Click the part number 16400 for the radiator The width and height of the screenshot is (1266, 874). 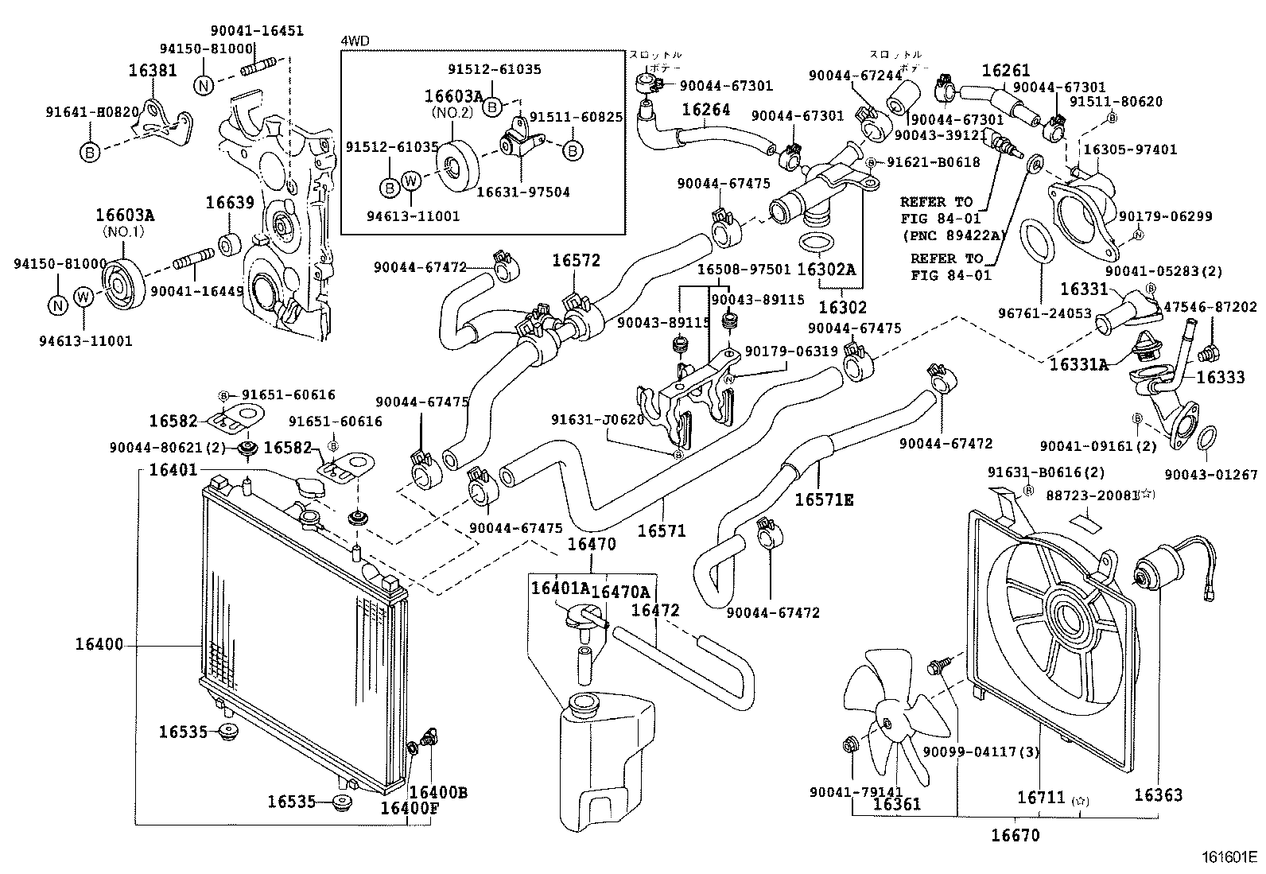99,644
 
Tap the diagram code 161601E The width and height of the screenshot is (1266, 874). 1229,858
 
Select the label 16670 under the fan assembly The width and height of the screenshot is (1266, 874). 1016,835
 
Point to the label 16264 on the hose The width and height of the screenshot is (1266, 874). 705,110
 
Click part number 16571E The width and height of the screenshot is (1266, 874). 825,499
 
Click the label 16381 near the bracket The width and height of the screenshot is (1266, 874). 153,71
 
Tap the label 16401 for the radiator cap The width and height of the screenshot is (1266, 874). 173,469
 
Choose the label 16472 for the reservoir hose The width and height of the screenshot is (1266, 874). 655,610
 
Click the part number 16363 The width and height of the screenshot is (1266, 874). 1158,794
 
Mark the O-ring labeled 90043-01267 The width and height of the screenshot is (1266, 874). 1205,438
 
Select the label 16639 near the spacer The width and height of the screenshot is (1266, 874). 230,202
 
